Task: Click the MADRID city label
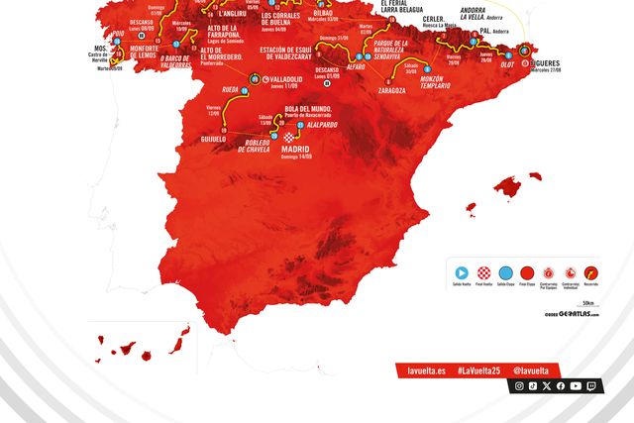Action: coord(295,149)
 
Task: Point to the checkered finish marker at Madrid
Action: coord(288,137)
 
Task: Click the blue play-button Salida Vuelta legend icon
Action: coord(462,271)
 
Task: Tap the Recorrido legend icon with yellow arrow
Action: coord(591,271)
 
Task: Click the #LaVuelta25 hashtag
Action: coord(478,370)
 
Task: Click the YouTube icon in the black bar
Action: coord(576,385)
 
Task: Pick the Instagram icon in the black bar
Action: coord(519,385)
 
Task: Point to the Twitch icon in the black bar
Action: coord(590,385)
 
